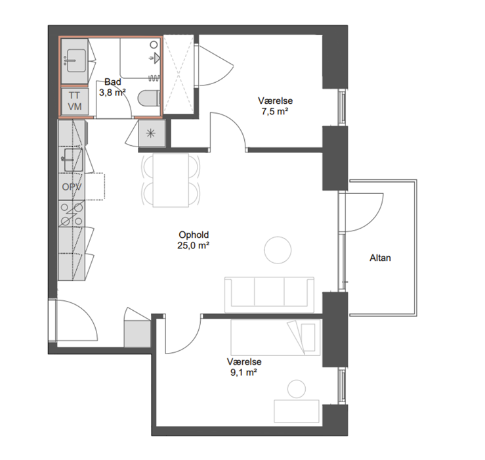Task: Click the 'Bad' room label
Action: coord(113,81)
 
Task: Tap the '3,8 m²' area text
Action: coord(112,92)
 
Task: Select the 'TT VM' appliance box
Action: coord(75,101)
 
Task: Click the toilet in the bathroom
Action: coord(149,98)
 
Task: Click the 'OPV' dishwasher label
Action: coord(72,187)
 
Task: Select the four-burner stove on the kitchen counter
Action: coord(72,214)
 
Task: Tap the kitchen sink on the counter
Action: coord(73,160)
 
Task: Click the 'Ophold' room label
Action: coord(194,235)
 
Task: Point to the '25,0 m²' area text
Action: coord(194,245)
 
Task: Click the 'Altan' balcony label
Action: coord(380,258)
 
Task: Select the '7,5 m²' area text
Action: coord(275,111)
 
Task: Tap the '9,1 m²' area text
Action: coord(243,372)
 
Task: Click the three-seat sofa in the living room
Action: coord(269,294)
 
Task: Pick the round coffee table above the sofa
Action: coord(278,250)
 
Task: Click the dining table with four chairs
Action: coord(171,180)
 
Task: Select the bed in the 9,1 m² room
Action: coord(276,337)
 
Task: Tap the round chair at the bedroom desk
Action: coord(297,389)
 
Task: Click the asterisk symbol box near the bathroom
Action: coord(151,133)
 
